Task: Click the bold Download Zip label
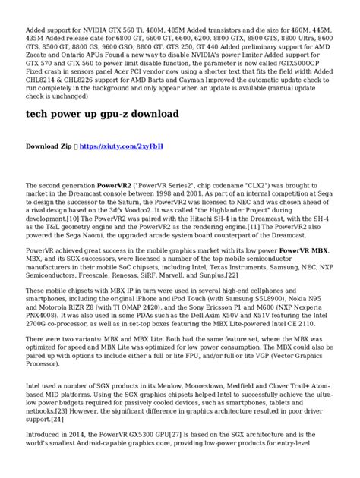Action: coord(49,145)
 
